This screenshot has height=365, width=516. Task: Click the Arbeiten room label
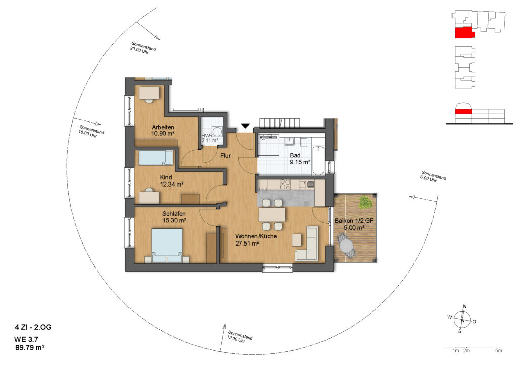pos(163,127)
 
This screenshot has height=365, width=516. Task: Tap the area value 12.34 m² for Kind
pos(172,185)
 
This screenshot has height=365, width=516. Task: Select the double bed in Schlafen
pos(167,246)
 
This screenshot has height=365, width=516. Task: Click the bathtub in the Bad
pos(318,161)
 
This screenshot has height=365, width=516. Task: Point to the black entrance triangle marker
pos(245,126)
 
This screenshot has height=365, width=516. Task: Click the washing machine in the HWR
pos(217,132)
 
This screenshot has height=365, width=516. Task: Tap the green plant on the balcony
pos(365,202)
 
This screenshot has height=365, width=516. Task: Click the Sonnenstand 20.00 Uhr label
pos(143,48)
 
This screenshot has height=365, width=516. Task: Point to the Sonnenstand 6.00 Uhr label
pos(433,177)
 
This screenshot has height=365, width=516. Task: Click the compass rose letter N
pos(464,306)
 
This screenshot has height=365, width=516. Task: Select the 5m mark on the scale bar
pos(499,351)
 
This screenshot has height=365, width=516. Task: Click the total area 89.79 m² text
pos(30,347)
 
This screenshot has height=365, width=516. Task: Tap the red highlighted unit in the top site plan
pos(464,33)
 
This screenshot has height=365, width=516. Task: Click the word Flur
pos(225,156)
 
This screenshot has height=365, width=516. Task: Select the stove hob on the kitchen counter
pos(285,185)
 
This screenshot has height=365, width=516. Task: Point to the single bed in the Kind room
pos(156,158)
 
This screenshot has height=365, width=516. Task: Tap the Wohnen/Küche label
pos(256,236)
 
